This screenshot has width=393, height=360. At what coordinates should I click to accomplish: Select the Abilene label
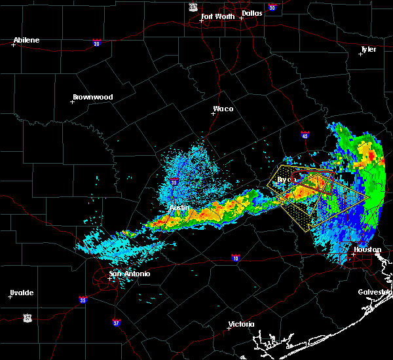(x=26, y=40)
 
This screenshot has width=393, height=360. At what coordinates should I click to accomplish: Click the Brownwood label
(x=92, y=97)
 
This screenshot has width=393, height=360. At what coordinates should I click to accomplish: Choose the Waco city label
(x=223, y=109)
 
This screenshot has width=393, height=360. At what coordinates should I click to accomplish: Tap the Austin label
(x=179, y=207)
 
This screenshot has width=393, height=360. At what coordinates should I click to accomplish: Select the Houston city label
(x=367, y=249)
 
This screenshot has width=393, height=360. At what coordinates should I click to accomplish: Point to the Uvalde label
(x=21, y=293)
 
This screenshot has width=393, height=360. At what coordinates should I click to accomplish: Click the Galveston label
(x=375, y=292)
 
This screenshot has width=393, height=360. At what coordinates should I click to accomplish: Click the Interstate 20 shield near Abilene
(x=97, y=43)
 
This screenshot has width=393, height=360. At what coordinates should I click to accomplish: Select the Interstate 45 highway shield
(x=305, y=135)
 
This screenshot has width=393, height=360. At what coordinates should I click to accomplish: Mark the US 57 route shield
(x=27, y=317)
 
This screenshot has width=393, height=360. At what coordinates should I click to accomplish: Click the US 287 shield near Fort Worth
(x=193, y=7)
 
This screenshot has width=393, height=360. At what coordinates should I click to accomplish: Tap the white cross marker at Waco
(x=213, y=113)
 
